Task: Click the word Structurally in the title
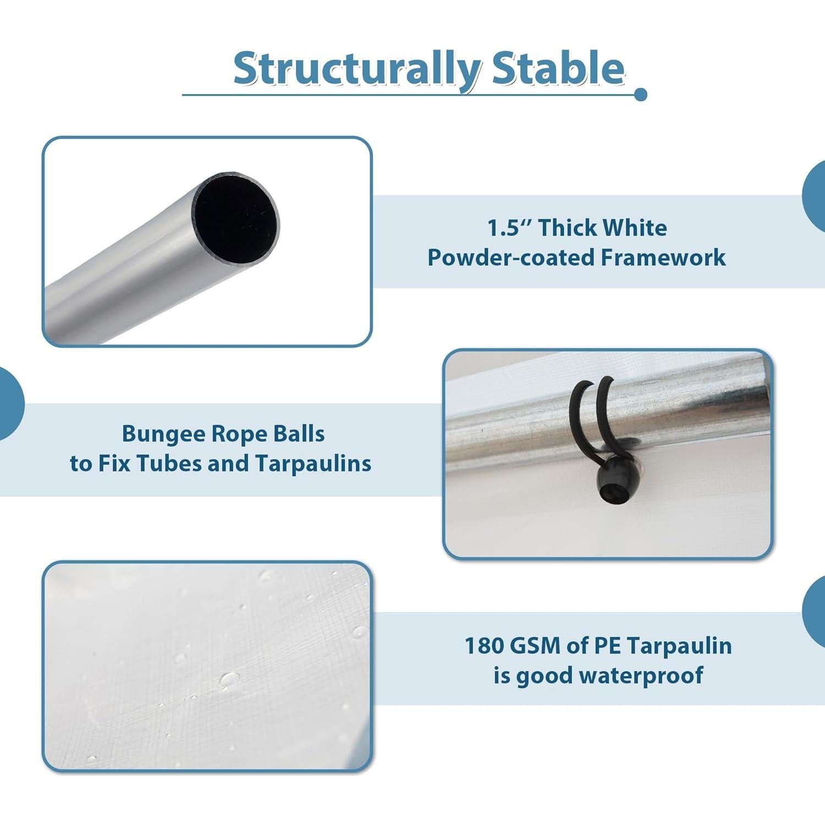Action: [x=357, y=69]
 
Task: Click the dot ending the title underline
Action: [x=640, y=95]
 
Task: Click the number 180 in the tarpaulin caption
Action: [x=484, y=646]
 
